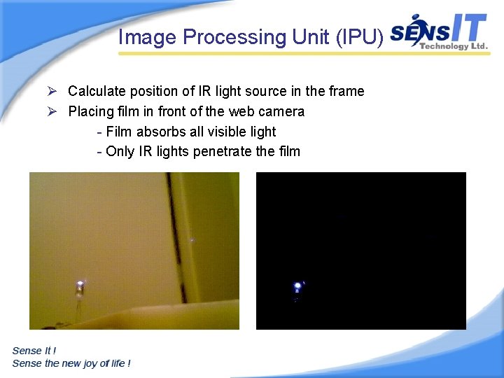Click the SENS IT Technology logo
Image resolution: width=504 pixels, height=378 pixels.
coord(438,32)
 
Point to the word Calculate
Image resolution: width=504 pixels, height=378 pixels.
coord(95,91)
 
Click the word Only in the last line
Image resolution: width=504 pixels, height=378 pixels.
coord(120,151)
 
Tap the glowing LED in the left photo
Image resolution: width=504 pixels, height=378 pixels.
coord(80,284)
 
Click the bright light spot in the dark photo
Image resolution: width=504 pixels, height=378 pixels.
coord(297,286)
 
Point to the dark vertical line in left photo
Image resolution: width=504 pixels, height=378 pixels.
coord(172,231)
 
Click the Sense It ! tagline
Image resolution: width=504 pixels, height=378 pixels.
coord(34,350)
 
